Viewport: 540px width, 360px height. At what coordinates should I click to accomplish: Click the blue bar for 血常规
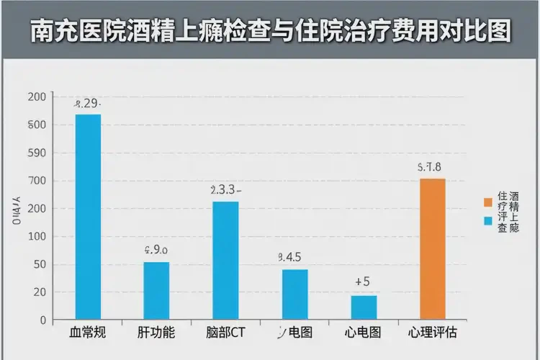(x=88, y=216)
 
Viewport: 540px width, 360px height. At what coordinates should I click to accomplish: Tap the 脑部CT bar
(x=225, y=260)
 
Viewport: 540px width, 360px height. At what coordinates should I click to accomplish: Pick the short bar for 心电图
(x=364, y=307)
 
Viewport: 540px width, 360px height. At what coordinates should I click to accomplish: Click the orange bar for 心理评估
(x=432, y=248)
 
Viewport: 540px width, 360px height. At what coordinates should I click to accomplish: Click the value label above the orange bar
(x=430, y=167)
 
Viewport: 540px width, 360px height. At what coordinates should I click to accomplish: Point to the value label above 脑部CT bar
(x=225, y=190)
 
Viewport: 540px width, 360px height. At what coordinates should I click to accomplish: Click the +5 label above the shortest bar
(x=363, y=282)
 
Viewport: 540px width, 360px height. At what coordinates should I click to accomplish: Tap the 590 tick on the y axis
(x=37, y=153)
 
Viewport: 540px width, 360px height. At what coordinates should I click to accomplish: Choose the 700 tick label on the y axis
(x=37, y=181)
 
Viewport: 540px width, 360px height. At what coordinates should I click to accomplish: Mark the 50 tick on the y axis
(x=39, y=264)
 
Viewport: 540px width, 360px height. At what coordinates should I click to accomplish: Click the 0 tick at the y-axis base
(x=42, y=320)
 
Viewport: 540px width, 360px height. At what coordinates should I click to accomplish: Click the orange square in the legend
(x=488, y=201)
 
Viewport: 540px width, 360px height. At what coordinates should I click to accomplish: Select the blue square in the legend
(x=488, y=220)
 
